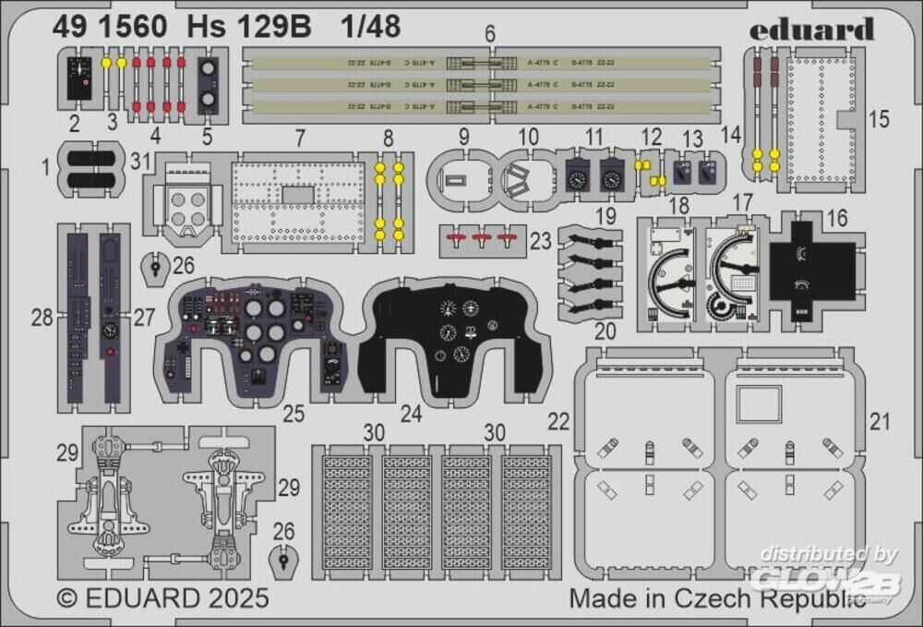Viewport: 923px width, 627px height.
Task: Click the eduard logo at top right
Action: pyautogui.click(x=810, y=30)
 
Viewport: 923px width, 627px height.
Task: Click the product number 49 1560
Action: pyautogui.click(x=110, y=28)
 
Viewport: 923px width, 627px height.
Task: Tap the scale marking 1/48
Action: pyautogui.click(x=370, y=28)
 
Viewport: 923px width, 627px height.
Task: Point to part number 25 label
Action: pyautogui.click(x=294, y=414)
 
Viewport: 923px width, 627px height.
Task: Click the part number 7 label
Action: pyautogui.click(x=300, y=138)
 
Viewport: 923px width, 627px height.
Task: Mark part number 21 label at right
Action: pyautogui.click(x=880, y=422)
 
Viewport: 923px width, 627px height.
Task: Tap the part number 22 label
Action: pyautogui.click(x=559, y=421)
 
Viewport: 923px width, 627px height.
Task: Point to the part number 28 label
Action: pyautogui.click(x=42, y=319)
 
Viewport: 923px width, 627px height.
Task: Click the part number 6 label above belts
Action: pyautogui.click(x=490, y=33)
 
